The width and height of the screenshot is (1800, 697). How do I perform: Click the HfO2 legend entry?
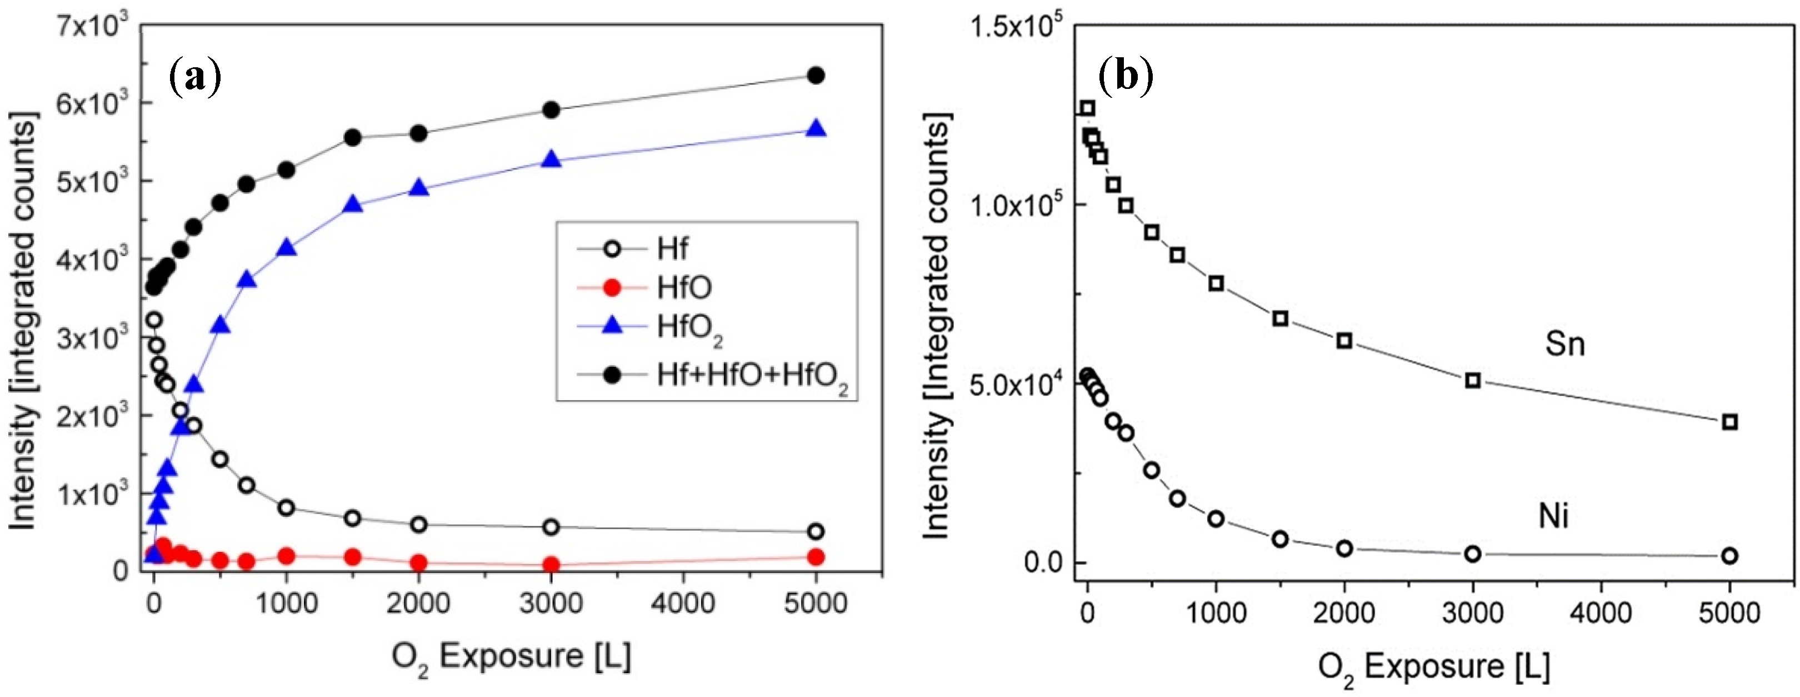(x=688, y=328)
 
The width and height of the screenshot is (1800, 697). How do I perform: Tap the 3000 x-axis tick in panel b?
(x=1472, y=613)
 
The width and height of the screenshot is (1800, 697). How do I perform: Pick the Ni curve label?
(x=1554, y=516)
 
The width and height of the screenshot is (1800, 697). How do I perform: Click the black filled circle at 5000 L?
(x=816, y=76)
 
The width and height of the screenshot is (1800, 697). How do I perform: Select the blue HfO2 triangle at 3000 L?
(x=551, y=160)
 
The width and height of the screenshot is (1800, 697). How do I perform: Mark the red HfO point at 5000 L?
(x=816, y=556)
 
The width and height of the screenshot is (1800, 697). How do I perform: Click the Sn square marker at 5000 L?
(x=1729, y=421)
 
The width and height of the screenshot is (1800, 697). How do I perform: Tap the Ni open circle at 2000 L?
(x=1344, y=549)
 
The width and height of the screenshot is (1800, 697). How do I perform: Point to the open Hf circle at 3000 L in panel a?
(x=551, y=527)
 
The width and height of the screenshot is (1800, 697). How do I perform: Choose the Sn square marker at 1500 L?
(x=1280, y=319)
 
